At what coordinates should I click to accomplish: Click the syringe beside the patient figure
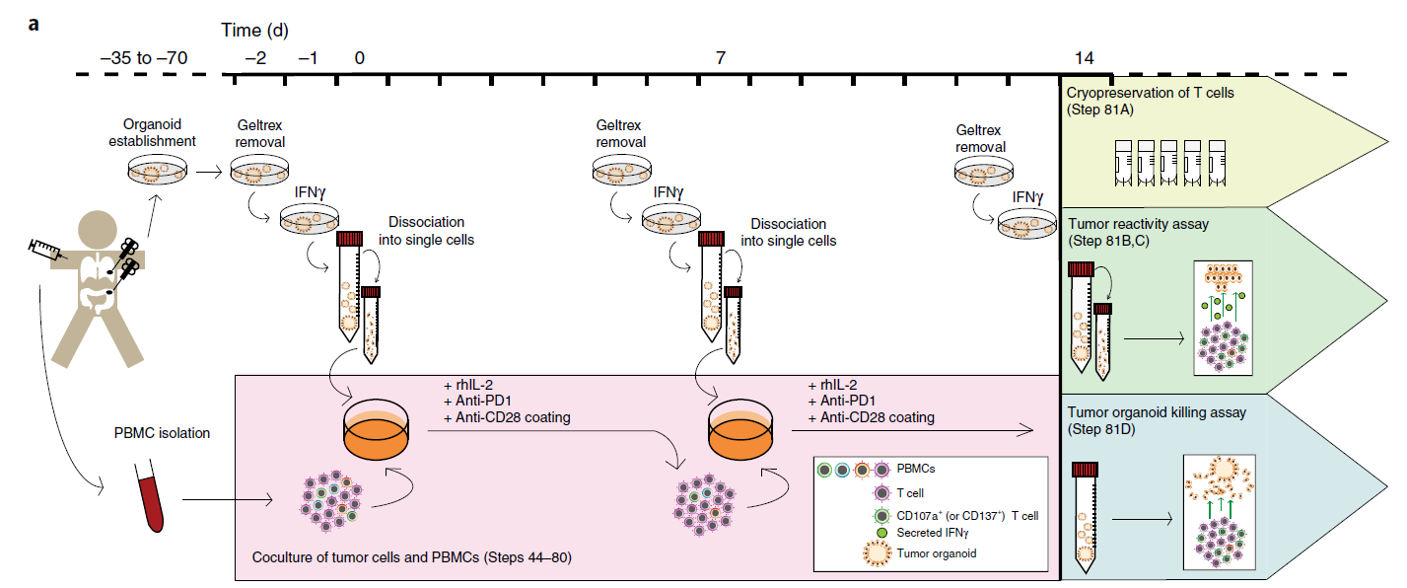44,252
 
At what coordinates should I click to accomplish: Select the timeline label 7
721,58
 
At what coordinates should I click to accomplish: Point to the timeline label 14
1084,58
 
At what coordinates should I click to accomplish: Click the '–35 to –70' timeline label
145,58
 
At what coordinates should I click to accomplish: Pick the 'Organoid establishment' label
160,132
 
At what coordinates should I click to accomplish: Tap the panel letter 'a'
34,23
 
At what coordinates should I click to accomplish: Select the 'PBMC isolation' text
161,432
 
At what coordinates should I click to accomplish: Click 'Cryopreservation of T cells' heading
1150,93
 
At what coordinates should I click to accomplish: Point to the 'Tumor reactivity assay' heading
1138,224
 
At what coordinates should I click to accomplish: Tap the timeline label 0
359,58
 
